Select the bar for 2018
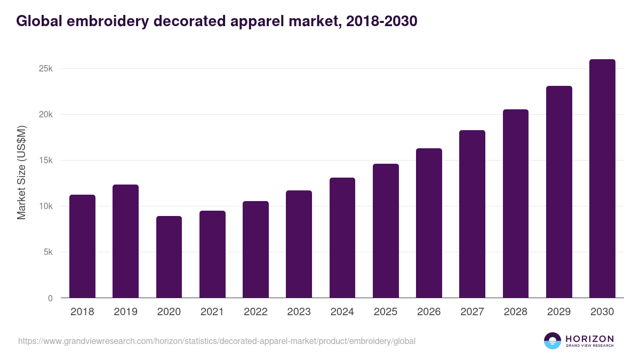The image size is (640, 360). (x=82, y=246)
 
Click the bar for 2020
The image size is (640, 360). (x=169, y=257)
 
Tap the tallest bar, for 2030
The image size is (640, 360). (x=602, y=179)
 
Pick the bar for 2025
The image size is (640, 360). (x=386, y=231)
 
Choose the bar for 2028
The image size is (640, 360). (x=516, y=204)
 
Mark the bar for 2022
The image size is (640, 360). (x=255, y=250)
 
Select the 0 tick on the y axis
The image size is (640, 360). (x=50, y=298)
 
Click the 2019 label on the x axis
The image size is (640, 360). (x=125, y=312)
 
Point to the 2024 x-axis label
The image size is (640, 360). (x=342, y=312)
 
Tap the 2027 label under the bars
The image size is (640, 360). (x=472, y=312)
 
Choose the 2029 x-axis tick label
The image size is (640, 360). (x=559, y=312)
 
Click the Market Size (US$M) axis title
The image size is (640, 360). (x=21, y=172)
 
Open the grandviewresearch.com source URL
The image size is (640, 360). (x=217, y=341)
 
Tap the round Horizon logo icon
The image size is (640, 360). (x=553, y=341)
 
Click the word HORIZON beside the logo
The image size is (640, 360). (x=589, y=338)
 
